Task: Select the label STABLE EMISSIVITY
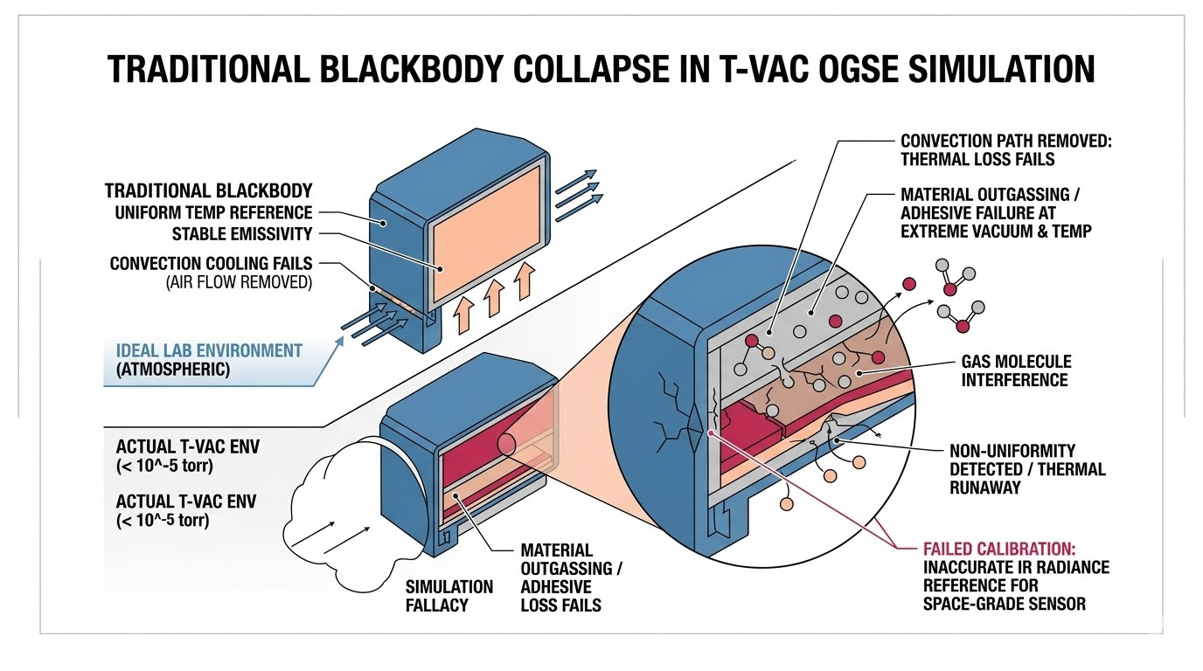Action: pos(242,234)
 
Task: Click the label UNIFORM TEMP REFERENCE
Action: pos(213,212)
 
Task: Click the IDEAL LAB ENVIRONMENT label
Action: pos(209,351)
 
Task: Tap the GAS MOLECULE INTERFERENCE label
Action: pos(1015,370)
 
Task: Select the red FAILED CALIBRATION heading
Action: pos(1004,548)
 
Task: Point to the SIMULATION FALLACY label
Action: pos(449,595)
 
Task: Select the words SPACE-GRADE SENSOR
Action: pos(1005,604)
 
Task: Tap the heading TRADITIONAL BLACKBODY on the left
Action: pos(208,190)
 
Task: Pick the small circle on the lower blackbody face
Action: pos(506,443)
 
